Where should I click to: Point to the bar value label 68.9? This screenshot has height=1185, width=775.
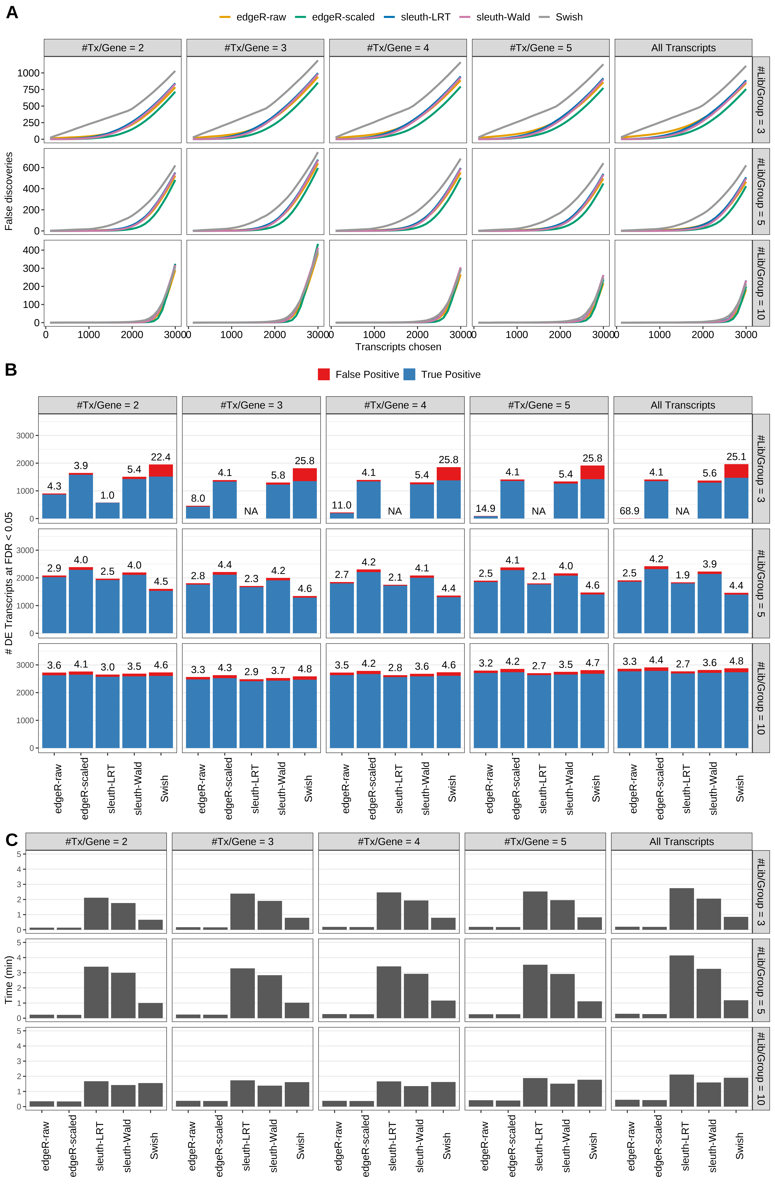click(x=629, y=511)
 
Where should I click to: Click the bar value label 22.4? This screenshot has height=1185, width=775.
click(x=160, y=457)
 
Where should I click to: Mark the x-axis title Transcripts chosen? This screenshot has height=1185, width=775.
click(x=398, y=347)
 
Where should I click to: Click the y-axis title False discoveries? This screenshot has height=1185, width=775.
click(x=9, y=191)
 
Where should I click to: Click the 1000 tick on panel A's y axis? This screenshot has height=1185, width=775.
click(x=28, y=73)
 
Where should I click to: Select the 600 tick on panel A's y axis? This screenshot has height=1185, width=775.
click(x=31, y=168)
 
